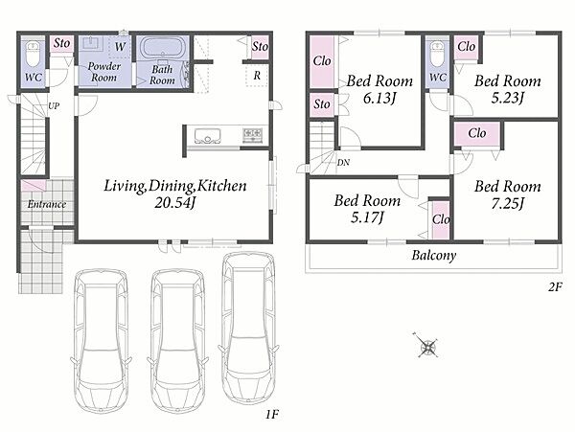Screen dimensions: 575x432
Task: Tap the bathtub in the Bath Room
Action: coord(162,48)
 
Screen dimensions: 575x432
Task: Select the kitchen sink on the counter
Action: coord(208,135)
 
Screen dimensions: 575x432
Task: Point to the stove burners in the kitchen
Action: coord(253,135)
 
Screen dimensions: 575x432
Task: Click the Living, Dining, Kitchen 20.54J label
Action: coord(175,193)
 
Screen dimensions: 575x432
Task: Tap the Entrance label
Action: coord(47,204)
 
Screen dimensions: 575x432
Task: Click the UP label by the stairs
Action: coord(54,106)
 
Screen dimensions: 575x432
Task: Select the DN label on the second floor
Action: coord(343,162)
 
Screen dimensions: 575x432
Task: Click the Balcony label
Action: coord(434,255)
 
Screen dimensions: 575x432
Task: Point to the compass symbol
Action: coord(428,346)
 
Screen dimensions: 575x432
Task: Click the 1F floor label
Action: coord(272,415)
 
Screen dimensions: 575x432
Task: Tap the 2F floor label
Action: coord(555,287)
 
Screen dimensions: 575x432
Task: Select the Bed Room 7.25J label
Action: coord(508,194)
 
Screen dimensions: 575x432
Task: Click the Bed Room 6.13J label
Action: coord(379,89)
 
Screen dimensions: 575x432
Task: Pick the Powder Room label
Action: coord(104,72)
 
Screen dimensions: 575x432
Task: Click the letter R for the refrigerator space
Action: coord(257,76)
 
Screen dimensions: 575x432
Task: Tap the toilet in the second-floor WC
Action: coord(437,55)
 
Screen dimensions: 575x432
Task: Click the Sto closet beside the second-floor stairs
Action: coord(322,104)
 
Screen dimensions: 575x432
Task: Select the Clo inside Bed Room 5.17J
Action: coord(441,219)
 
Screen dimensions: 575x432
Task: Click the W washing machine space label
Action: coord(120,47)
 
